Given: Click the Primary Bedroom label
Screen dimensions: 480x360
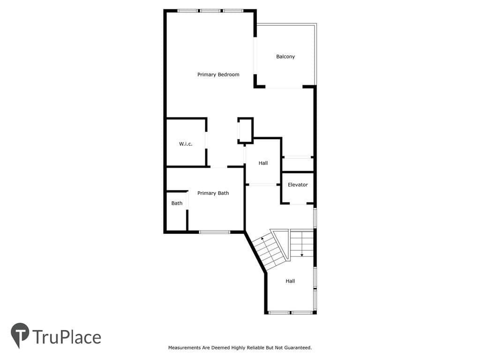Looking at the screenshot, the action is pyautogui.click(x=218, y=75).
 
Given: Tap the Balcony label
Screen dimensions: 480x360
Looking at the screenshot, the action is pyautogui.click(x=285, y=57).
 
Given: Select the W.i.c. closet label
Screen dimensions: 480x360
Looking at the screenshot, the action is pyautogui.click(x=186, y=144).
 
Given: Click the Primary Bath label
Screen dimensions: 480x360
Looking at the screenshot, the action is pyautogui.click(x=213, y=193).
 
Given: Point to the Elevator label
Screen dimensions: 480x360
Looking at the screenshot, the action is pyautogui.click(x=298, y=185).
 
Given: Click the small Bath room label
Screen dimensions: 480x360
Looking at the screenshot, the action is pyautogui.click(x=177, y=203).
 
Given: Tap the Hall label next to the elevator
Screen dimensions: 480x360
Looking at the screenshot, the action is pyautogui.click(x=263, y=163).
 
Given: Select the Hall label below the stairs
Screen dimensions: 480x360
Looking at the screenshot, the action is pyautogui.click(x=290, y=281).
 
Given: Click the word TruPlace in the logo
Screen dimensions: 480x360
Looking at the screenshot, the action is pyautogui.click(x=67, y=337).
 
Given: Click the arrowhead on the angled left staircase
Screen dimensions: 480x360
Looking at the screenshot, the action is pyautogui.click(x=262, y=238).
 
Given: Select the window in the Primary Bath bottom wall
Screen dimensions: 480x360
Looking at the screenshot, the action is pyautogui.click(x=215, y=232).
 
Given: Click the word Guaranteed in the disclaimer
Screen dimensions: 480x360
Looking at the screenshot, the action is pyautogui.click(x=298, y=347).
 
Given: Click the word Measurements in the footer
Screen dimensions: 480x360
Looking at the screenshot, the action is pyautogui.click(x=185, y=347).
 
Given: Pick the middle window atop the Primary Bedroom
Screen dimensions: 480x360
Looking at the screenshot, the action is pyautogui.click(x=210, y=11).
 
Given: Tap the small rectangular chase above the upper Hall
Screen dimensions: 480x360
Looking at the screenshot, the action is pyautogui.click(x=246, y=130).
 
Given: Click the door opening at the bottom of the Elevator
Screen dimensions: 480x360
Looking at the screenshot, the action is pyautogui.click(x=298, y=203).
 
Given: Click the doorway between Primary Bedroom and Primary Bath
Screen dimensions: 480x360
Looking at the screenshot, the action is pyautogui.click(x=218, y=167).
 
